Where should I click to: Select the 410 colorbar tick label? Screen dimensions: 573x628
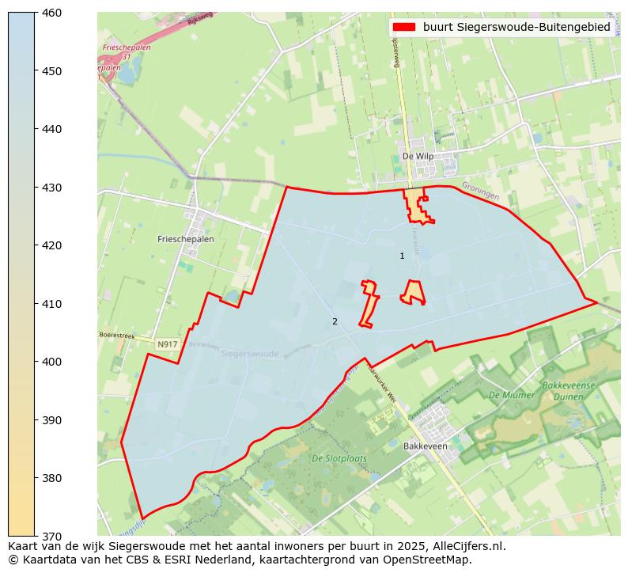click(52, 304)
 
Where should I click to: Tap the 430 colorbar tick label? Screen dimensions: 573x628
click(52, 188)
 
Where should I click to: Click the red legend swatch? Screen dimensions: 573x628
click(404, 27)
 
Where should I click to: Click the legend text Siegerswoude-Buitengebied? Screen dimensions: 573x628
click(516, 27)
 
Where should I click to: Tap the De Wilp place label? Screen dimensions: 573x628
click(418, 157)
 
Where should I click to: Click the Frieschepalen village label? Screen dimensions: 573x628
click(186, 238)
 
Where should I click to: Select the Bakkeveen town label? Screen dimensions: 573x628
click(426, 446)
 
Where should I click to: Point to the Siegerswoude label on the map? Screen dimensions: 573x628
click(250, 354)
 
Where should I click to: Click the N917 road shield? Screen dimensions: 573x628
click(167, 344)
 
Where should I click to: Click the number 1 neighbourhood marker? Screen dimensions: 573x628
click(402, 256)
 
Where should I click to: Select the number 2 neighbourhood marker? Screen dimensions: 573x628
click(335, 321)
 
